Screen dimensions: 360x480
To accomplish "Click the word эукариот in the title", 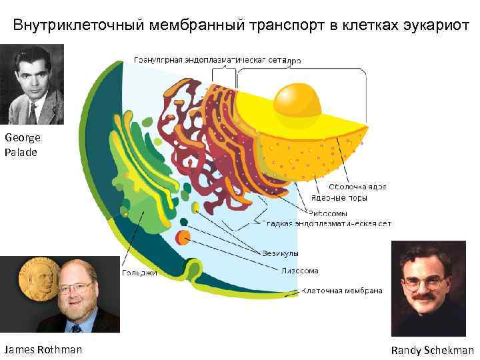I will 437,25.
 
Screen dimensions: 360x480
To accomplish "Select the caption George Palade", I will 23,145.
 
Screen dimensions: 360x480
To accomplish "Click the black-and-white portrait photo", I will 33,84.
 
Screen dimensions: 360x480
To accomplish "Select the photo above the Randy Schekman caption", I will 428,288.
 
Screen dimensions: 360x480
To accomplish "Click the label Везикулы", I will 281,253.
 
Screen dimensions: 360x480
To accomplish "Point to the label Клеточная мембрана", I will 342,291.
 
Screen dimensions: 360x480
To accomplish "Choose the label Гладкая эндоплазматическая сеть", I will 326,223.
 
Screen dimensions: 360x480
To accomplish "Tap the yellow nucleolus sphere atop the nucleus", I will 297,99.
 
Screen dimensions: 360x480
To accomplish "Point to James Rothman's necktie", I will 76,327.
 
